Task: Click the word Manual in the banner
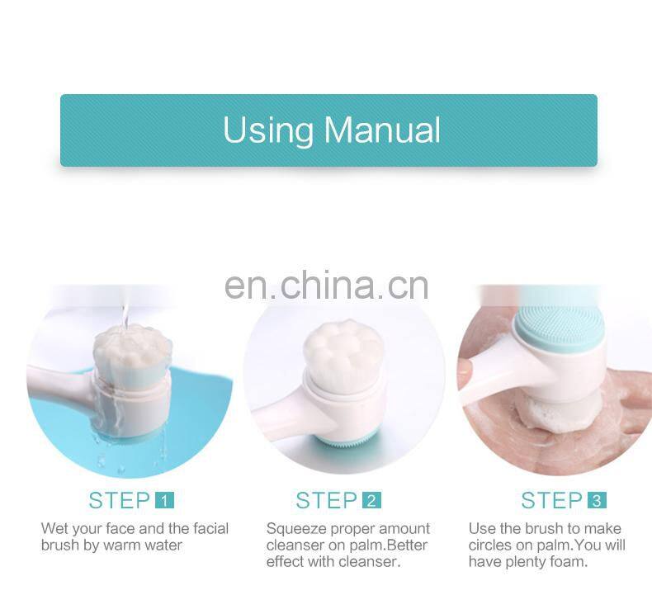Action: click(382, 130)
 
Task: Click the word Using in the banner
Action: click(268, 130)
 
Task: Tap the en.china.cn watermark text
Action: click(327, 285)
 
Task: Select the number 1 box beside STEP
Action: click(164, 500)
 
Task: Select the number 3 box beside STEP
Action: click(596, 500)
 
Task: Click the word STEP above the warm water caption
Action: click(120, 500)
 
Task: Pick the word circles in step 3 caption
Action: click(490, 545)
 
